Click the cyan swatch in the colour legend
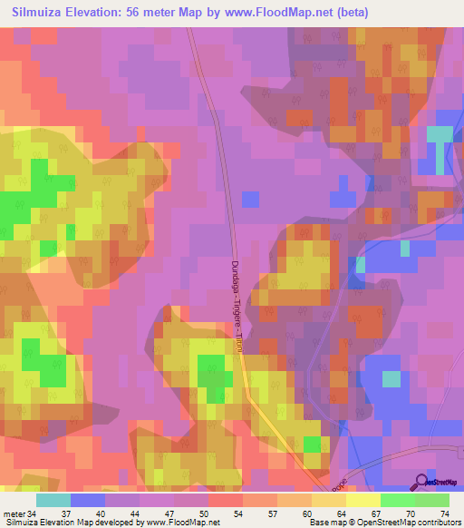coord(53,500)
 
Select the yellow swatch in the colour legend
coord(362,500)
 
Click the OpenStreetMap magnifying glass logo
coord(422,482)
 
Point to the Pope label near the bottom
coord(337,486)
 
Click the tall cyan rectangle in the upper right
coord(439,150)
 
